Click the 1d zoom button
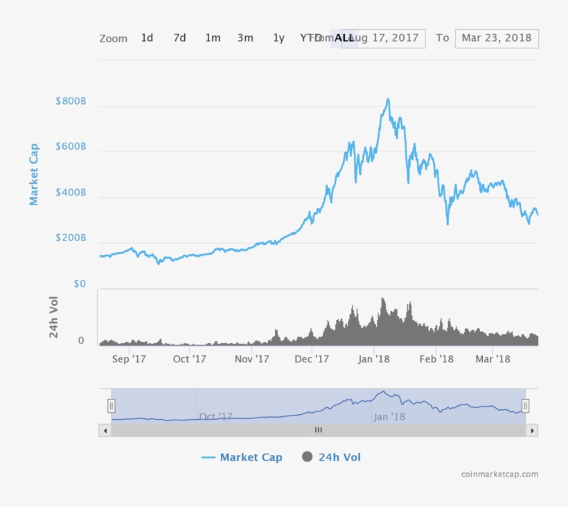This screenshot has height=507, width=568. click(147, 38)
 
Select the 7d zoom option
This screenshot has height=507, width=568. click(179, 38)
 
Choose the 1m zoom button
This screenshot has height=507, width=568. click(213, 38)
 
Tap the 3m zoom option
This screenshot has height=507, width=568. click(245, 38)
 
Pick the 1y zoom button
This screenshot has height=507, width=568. click(278, 38)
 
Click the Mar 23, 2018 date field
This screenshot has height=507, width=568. click(496, 38)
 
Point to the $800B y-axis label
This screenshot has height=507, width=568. click(71, 101)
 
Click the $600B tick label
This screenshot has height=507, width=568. click(71, 147)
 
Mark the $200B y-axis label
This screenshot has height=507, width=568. click(71, 238)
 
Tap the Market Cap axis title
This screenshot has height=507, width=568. click(34, 174)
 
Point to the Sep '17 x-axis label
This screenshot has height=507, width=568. click(129, 359)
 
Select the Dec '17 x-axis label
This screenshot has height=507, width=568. click(312, 359)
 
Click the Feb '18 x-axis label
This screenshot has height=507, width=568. click(437, 359)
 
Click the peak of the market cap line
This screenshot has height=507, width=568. click(388, 99)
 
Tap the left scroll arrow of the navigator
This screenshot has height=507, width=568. click(105, 430)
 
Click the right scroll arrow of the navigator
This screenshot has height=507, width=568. click(532, 430)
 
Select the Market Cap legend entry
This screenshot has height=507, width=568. click(242, 457)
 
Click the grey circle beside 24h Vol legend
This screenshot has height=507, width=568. click(308, 457)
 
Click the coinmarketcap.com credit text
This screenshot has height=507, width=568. click(499, 474)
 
